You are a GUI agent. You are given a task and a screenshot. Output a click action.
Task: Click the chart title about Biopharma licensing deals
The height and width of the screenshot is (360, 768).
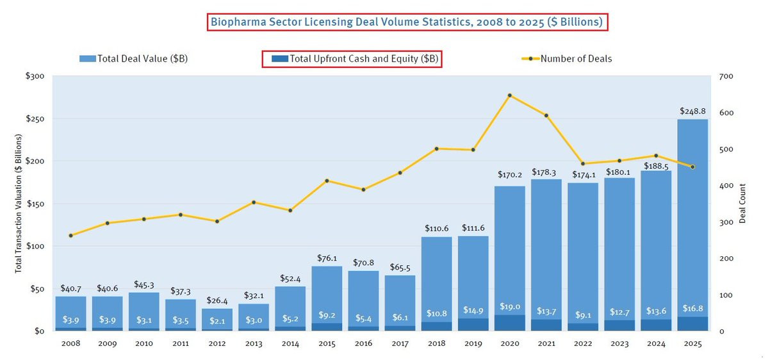(x=407, y=22)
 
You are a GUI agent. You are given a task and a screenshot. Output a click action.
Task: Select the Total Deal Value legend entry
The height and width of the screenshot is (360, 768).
(x=134, y=59)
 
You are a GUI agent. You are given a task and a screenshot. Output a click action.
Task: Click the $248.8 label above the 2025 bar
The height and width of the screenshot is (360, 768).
(x=692, y=111)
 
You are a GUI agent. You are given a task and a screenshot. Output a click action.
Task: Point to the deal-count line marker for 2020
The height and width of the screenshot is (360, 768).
(x=510, y=95)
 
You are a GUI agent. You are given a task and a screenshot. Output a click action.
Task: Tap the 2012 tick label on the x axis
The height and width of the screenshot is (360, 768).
(x=217, y=344)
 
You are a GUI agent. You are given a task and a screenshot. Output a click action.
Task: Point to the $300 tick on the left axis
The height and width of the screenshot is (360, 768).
(x=35, y=76)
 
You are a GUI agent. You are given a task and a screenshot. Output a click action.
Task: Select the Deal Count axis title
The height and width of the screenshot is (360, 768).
(x=743, y=204)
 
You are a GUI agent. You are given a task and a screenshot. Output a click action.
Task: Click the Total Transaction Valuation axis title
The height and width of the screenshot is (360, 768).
(x=19, y=204)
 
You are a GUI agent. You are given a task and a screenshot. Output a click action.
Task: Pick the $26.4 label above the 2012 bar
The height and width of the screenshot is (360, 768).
(x=217, y=300)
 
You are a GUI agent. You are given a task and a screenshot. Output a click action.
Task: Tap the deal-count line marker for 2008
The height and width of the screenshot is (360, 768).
(x=70, y=236)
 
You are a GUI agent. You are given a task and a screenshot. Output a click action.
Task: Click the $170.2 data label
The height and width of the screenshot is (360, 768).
(x=510, y=174)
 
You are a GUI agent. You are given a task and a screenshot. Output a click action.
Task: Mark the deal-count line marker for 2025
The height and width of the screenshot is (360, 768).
(x=692, y=167)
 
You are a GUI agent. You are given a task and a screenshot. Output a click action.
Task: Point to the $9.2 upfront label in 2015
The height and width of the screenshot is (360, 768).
(x=327, y=315)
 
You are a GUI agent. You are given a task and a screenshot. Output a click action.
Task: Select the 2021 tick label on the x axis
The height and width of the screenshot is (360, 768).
(x=546, y=344)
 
